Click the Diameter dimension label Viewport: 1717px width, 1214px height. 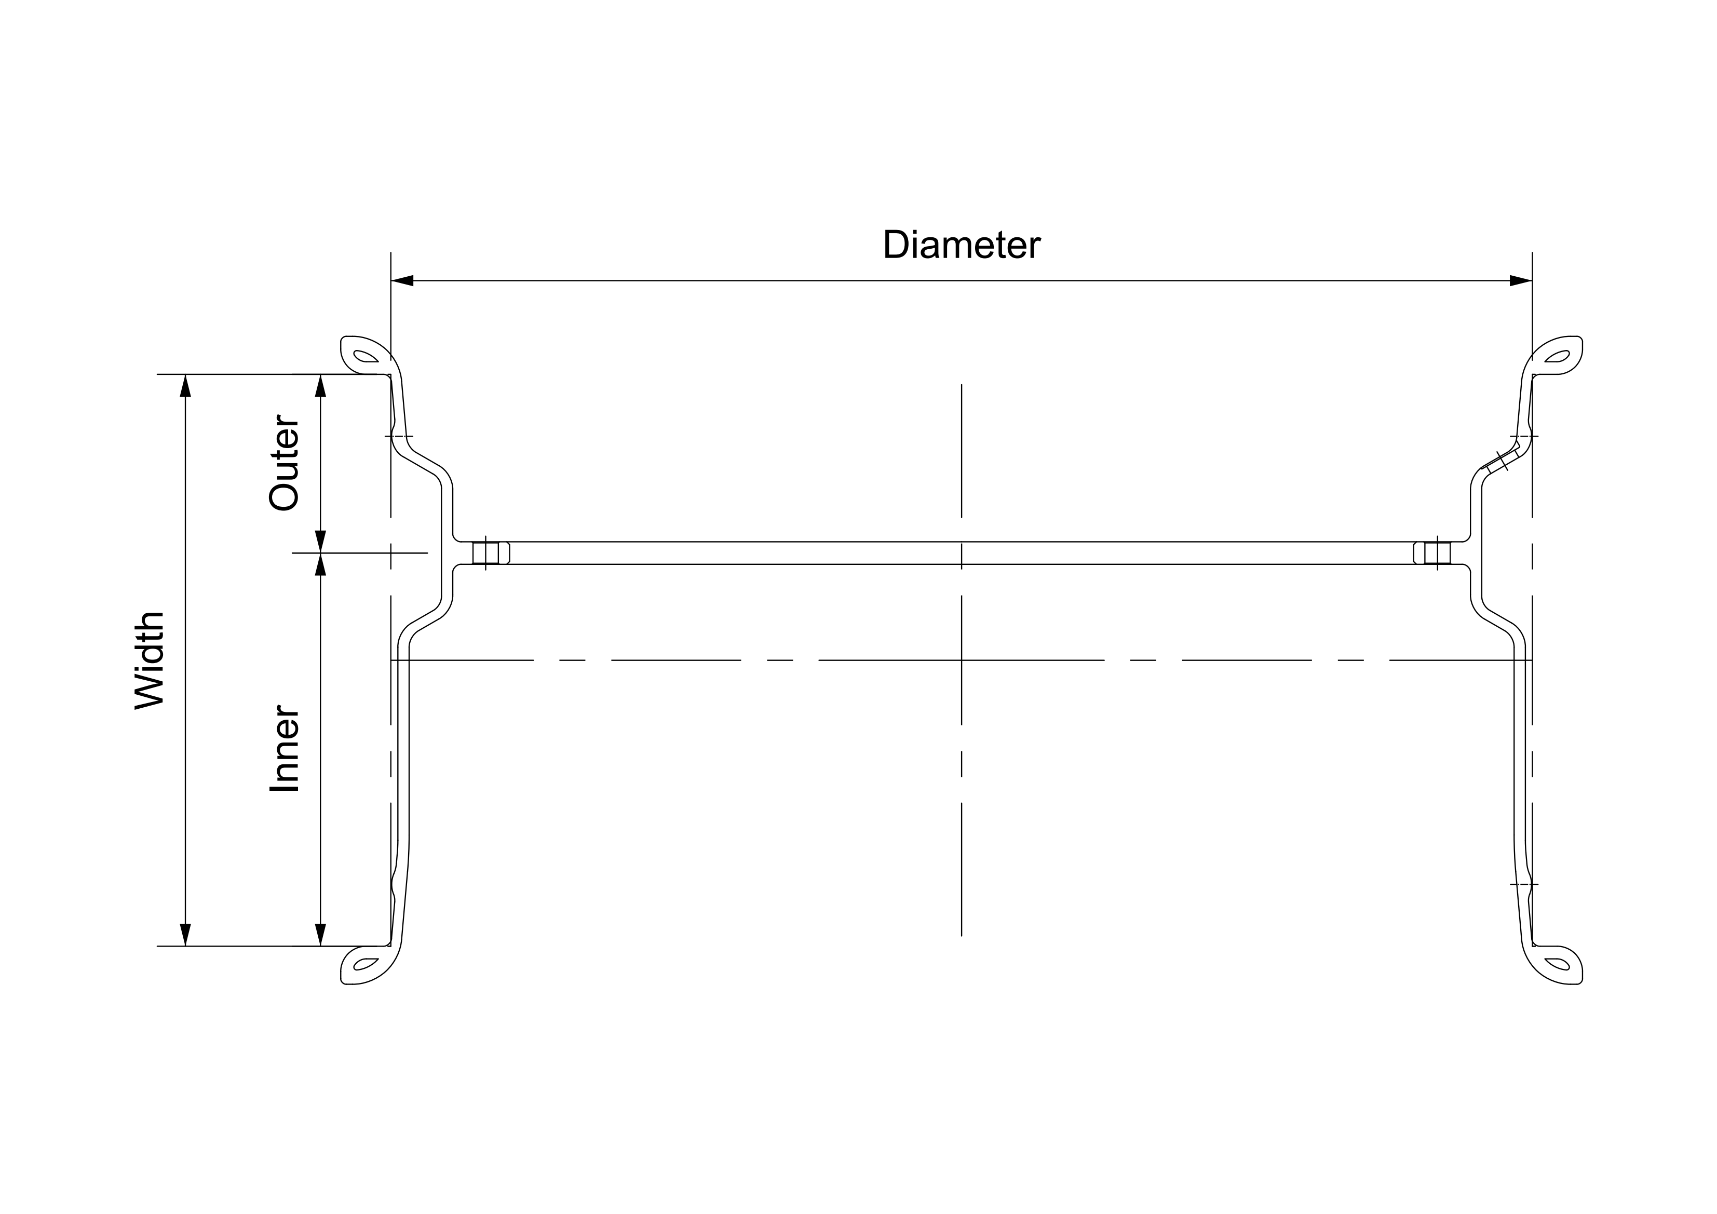pyautogui.click(x=961, y=245)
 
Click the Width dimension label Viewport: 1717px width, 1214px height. pyautogui.click(x=150, y=660)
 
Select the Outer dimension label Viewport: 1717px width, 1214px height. pyautogui.click(x=284, y=463)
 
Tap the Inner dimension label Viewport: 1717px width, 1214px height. pyautogui.click(x=284, y=748)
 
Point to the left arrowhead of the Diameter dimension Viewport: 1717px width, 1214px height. pyautogui.click(x=402, y=280)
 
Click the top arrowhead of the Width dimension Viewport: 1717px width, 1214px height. pyautogui.click(x=185, y=385)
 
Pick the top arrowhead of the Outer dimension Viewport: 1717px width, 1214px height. pyautogui.click(x=321, y=385)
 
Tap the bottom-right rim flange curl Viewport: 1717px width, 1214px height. pyautogui.click(x=1558, y=964)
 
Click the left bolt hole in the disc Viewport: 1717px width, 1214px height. pyautogui.click(x=486, y=553)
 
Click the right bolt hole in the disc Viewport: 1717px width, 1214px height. pyautogui.click(x=1437, y=553)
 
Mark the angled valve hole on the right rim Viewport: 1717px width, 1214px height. pyautogui.click(x=1497, y=462)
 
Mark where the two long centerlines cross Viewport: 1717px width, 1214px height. pyautogui.click(x=962, y=660)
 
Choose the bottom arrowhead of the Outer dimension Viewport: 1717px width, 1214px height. pyautogui.click(x=321, y=542)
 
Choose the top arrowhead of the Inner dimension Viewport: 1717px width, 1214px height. pyautogui.click(x=321, y=565)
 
